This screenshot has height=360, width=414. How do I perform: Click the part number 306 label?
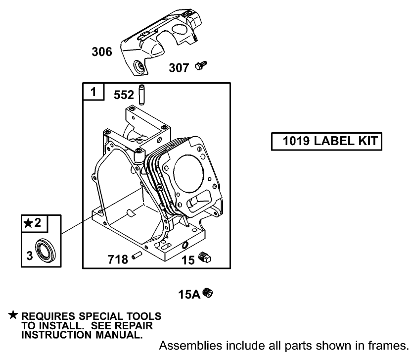pyautogui.click(x=102, y=51)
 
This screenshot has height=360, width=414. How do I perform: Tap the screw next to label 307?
pyautogui.click(x=201, y=65)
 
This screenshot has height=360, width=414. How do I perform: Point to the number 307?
pyautogui.click(x=179, y=67)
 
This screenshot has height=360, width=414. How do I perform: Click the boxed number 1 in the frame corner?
pyautogui.click(x=93, y=92)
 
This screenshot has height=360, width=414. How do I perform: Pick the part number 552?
pyautogui.click(x=125, y=95)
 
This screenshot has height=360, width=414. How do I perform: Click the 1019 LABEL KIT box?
pyautogui.click(x=326, y=141)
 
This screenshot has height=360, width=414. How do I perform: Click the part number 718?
pyautogui.click(x=119, y=258)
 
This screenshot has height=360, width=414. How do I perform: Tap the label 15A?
pyautogui.click(x=189, y=295)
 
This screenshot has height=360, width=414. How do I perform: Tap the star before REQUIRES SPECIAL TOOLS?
pyautogui.click(x=13, y=315)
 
